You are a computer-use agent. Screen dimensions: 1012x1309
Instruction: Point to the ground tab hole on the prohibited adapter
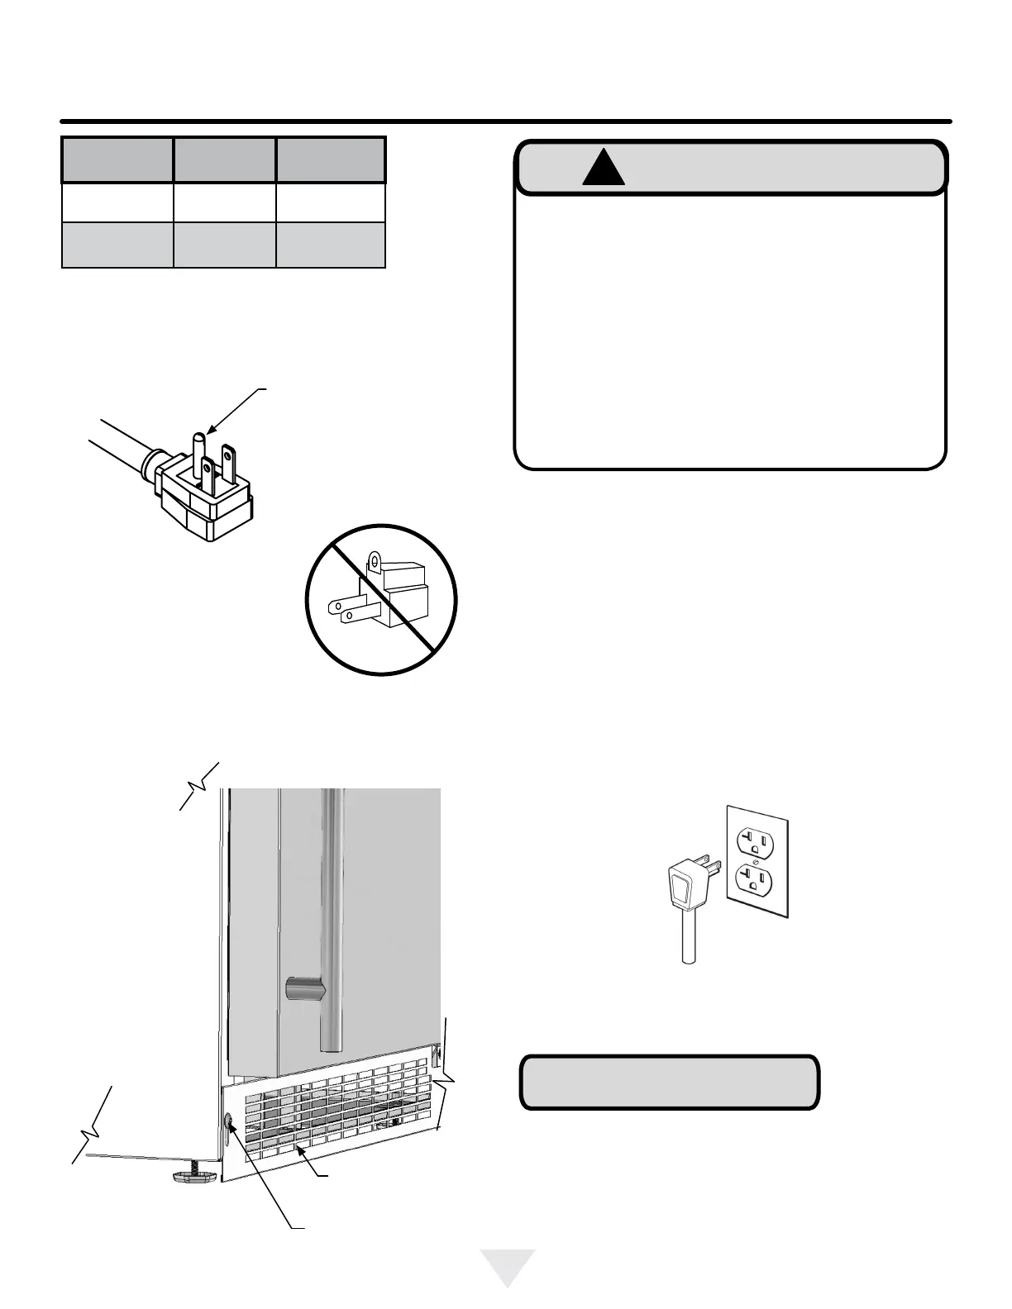pos(375,561)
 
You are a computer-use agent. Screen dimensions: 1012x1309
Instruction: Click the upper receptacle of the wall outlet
pos(755,842)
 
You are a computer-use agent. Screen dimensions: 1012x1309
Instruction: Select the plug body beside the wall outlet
pos(683,889)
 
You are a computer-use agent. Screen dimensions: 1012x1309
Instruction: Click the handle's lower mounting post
pos(299,988)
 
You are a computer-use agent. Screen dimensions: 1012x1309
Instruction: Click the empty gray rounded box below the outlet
pos(669,1081)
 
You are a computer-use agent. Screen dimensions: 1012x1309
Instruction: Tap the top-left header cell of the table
pos(117,159)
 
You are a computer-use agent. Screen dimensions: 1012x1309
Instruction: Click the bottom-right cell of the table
pos(330,245)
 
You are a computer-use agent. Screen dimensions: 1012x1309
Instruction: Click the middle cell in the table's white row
pos(224,202)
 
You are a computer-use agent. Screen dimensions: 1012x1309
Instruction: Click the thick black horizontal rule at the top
pos(506,121)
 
